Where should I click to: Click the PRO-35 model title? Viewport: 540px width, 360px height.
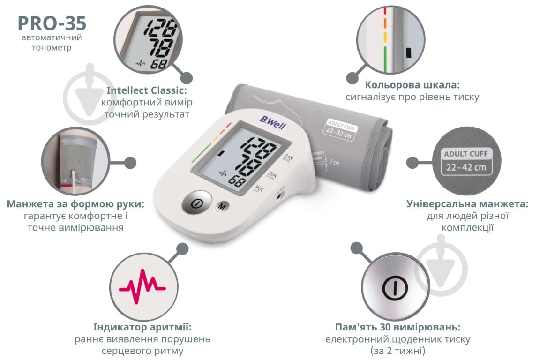click(52, 23)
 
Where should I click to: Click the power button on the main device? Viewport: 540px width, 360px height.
click(197, 203)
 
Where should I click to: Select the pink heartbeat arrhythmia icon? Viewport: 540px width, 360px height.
click(142, 286)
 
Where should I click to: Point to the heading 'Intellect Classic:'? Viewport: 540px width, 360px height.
click(147, 90)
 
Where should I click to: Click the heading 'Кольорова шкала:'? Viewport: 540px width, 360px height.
click(412, 85)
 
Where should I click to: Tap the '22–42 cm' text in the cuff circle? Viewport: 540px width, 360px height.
click(466, 167)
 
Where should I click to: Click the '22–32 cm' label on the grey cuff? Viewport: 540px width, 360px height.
click(339, 133)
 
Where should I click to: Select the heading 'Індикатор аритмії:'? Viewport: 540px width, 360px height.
click(142, 327)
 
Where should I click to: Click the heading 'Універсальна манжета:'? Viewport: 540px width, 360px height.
click(467, 203)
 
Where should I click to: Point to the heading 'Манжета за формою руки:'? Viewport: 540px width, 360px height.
click(75, 203)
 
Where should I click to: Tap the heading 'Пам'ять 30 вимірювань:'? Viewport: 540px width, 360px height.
click(398, 327)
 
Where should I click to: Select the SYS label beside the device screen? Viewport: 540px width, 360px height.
click(287, 158)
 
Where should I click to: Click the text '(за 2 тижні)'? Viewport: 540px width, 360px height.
click(398, 351)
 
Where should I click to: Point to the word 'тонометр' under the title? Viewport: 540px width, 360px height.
click(52, 47)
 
